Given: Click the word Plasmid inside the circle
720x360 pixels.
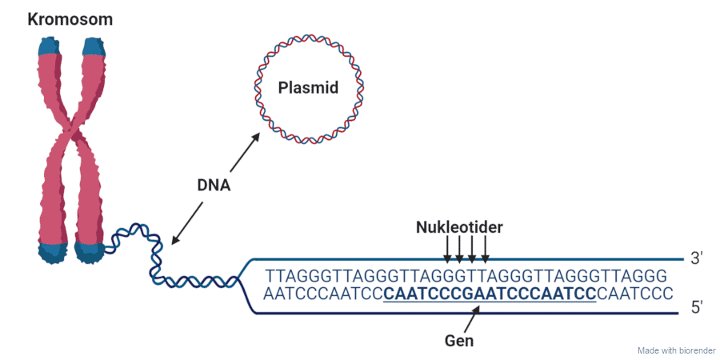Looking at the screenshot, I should tap(308, 88).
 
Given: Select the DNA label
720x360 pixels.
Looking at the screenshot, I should tap(214, 185).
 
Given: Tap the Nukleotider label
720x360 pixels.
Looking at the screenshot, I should tap(459, 228).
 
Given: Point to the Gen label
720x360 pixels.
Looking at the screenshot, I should tap(459, 340).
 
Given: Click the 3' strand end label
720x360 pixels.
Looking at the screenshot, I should tap(696, 258).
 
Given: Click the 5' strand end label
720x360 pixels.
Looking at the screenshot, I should tap(696, 306).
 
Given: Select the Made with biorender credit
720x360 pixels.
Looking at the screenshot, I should tap(676, 350).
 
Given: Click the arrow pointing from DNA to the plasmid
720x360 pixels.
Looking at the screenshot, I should tap(246, 152).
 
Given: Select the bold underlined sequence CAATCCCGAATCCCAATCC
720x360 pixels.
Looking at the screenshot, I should tap(490, 293).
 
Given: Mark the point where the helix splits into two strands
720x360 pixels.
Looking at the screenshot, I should tap(238, 280).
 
